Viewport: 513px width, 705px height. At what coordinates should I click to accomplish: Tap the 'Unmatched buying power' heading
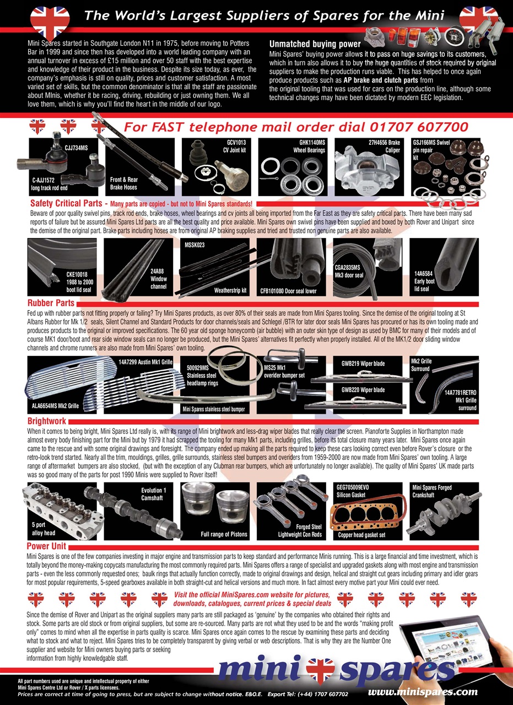coord(315,44)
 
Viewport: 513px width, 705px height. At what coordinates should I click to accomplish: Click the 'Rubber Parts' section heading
coord(51,303)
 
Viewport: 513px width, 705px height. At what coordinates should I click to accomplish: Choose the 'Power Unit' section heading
coord(46,546)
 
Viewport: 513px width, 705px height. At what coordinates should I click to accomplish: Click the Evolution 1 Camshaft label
coord(150,494)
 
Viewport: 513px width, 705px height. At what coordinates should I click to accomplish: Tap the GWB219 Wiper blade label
coord(363,364)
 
